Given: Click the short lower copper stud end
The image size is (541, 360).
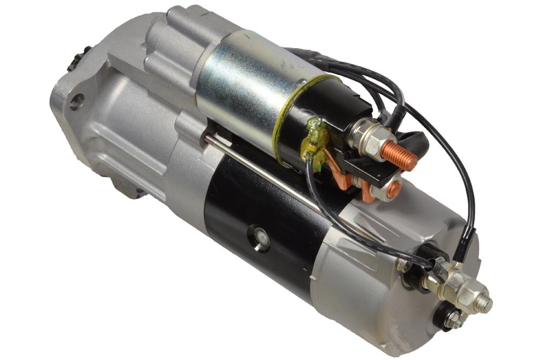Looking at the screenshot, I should pyautogui.click(x=394, y=188).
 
